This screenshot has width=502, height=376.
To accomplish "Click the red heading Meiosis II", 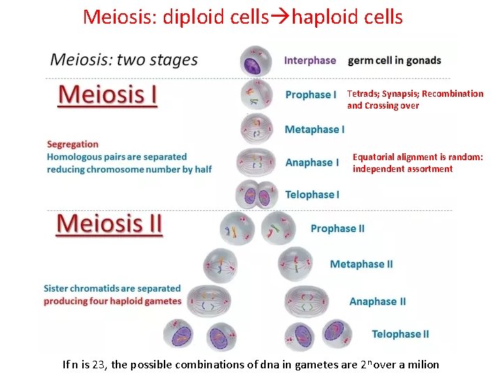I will coord(109,224).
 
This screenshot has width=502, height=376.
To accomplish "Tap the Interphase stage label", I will coord(310,61).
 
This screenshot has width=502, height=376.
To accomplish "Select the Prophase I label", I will coord(310,95).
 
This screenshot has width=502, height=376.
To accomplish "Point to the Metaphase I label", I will coord(314,130).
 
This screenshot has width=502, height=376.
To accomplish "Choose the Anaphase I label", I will coord(312,162).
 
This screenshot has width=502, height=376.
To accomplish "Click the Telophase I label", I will coord(312,194).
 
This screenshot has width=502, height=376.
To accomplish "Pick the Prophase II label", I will coord(337,228).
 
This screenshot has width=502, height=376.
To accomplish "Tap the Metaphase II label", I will coord(361,264).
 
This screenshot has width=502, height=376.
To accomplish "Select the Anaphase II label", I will coord(377,301).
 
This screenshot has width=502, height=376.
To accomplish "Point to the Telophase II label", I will coord(400,334).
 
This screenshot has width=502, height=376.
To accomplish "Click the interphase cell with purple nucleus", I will coord(256,61).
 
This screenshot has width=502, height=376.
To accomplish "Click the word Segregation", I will coord(73,144).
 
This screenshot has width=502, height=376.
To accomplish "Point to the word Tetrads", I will coord(363,93).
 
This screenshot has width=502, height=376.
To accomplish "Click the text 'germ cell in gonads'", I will coord(394,61).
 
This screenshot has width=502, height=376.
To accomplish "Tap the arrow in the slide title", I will coord(284,17).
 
